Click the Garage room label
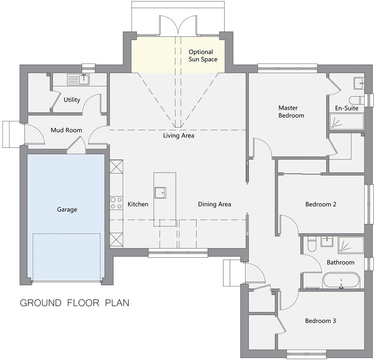point(67,209)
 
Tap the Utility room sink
point(83,80)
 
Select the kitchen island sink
point(160,193)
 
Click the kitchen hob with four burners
point(116,203)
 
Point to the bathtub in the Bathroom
point(341,280)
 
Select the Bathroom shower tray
point(351,245)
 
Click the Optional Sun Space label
point(203,56)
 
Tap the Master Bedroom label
point(291,112)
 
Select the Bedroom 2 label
point(321,204)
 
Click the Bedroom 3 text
point(320,321)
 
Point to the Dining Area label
point(214,204)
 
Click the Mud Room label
point(66,130)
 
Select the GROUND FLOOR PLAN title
point(74,302)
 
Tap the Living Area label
point(178,135)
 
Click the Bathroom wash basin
point(327,241)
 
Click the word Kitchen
point(138,204)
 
